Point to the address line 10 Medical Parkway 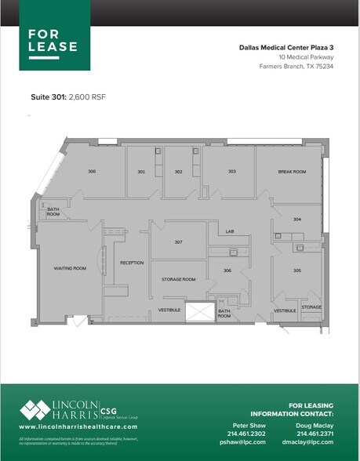[x=305, y=57]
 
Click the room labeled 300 [x=92, y=171]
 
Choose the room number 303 [x=232, y=171]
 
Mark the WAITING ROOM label [x=69, y=268]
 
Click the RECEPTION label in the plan [x=132, y=263]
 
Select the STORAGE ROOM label [x=178, y=279]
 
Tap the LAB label [x=231, y=231]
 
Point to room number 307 [x=179, y=241]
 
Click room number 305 [x=297, y=270]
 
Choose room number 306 [x=227, y=270]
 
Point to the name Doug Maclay [x=314, y=424]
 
